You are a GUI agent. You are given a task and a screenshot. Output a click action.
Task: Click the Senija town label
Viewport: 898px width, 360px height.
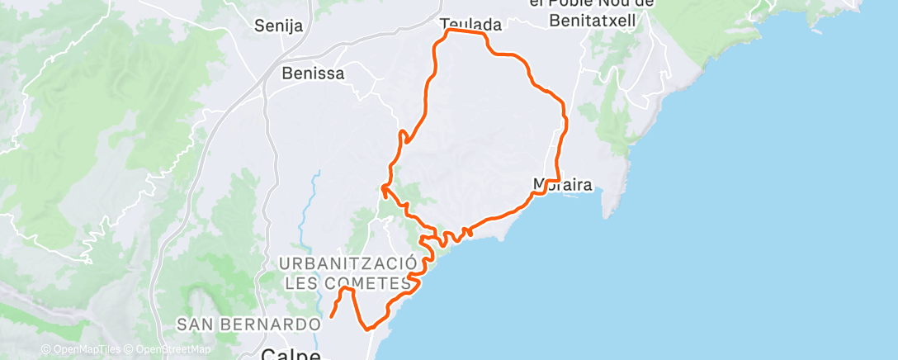[x=279, y=26]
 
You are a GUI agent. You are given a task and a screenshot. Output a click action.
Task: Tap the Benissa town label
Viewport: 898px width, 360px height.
[x=313, y=73]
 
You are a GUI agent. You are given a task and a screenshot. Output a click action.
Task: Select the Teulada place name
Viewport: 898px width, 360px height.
[x=471, y=25]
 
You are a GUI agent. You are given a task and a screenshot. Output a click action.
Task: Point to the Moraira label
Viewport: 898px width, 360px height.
[x=563, y=184]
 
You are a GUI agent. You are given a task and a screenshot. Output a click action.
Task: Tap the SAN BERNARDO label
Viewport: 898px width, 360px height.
[x=248, y=324]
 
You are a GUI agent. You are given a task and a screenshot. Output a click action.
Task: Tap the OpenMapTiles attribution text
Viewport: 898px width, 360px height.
[x=86, y=349]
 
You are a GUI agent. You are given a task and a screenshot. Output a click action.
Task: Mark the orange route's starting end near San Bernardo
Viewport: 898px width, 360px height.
[x=332, y=315]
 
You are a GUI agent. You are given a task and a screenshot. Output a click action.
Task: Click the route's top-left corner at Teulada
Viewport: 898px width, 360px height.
[x=448, y=31]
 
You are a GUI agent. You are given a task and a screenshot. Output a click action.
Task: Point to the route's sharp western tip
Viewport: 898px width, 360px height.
[x=383, y=188]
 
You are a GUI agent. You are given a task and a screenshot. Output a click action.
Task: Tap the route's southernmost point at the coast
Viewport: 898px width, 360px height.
[x=369, y=328]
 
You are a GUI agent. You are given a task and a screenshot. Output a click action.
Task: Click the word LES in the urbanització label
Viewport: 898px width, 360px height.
[x=302, y=283]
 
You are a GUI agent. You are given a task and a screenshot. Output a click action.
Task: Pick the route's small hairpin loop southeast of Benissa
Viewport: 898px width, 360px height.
[x=404, y=136]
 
